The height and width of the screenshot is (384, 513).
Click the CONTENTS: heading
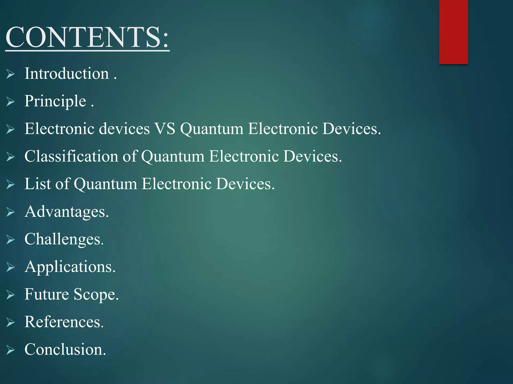click(x=87, y=37)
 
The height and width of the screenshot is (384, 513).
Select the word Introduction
click(x=67, y=74)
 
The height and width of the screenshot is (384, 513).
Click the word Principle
click(x=55, y=101)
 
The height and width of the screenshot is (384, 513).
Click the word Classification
click(x=71, y=156)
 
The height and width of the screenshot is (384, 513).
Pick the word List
click(x=38, y=184)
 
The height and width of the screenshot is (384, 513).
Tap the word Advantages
click(x=67, y=211)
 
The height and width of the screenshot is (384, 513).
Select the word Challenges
click(x=64, y=239)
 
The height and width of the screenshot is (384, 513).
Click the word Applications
click(x=70, y=267)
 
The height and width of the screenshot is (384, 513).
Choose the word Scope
click(x=96, y=294)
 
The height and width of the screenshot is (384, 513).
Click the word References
click(x=64, y=322)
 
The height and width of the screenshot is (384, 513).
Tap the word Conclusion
click(x=65, y=349)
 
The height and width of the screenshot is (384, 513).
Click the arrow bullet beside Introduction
click(x=11, y=74)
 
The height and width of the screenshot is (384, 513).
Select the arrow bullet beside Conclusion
click(x=11, y=350)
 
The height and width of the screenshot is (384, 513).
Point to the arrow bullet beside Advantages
click(x=11, y=212)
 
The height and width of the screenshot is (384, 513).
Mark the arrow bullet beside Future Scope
click(x=11, y=295)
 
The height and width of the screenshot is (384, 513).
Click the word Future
click(x=47, y=294)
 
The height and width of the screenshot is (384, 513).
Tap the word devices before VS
click(x=124, y=129)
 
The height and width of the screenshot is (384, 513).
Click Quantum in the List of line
click(x=105, y=184)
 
